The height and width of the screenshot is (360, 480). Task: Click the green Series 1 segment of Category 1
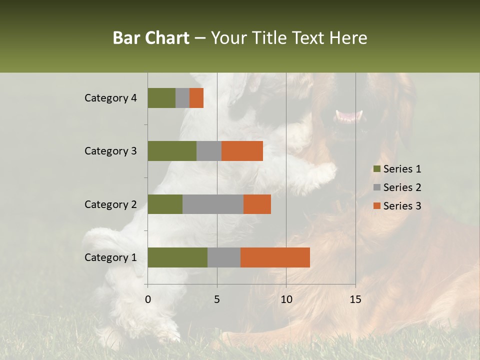(177, 257)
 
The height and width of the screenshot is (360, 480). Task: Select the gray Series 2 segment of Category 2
(212, 204)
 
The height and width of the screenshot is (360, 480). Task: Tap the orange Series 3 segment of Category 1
(275, 257)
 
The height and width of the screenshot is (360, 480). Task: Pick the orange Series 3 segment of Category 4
(196, 98)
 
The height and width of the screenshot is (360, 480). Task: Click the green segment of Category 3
(171, 151)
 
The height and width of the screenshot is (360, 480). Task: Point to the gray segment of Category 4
(182, 98)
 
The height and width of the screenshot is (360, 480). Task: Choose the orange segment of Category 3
(242, 151)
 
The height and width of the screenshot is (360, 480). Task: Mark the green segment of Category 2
(164, 204)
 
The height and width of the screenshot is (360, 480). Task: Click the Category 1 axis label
(110, 257)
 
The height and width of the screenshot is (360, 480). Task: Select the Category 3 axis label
(110, 151)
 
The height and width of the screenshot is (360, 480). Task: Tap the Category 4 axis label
(110, 98)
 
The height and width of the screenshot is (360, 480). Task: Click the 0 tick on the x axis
(147, 299)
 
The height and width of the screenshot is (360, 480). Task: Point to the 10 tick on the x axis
(286, 299)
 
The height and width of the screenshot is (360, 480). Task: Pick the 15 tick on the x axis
(355, 299)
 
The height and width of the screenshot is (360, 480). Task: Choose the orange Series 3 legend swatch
(376, 206)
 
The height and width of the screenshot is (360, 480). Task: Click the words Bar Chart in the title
(151, 38)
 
